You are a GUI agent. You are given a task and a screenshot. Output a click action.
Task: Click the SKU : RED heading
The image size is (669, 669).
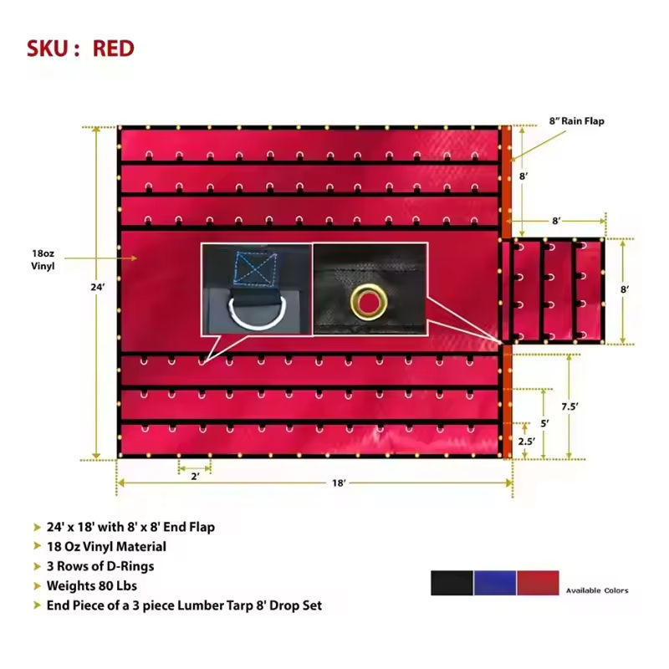point(80,48)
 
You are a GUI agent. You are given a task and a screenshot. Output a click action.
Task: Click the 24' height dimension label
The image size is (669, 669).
point(99,287)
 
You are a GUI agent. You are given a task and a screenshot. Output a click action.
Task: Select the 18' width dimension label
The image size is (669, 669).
point(338,483)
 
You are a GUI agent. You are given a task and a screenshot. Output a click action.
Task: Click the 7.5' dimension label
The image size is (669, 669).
point(569,406)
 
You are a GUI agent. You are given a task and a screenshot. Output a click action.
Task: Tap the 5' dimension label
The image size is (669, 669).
point(544,423)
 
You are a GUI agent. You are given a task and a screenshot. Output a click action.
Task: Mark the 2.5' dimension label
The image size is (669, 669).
point(526,441)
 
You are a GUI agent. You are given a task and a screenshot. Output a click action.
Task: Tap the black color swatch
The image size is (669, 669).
point(452,584)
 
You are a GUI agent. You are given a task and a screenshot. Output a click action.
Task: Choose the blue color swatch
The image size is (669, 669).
point(495,584)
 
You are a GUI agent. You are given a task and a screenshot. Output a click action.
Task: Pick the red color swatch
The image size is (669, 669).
point(538,584)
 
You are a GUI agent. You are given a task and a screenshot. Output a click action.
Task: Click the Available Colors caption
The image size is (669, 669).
point(596,591)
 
